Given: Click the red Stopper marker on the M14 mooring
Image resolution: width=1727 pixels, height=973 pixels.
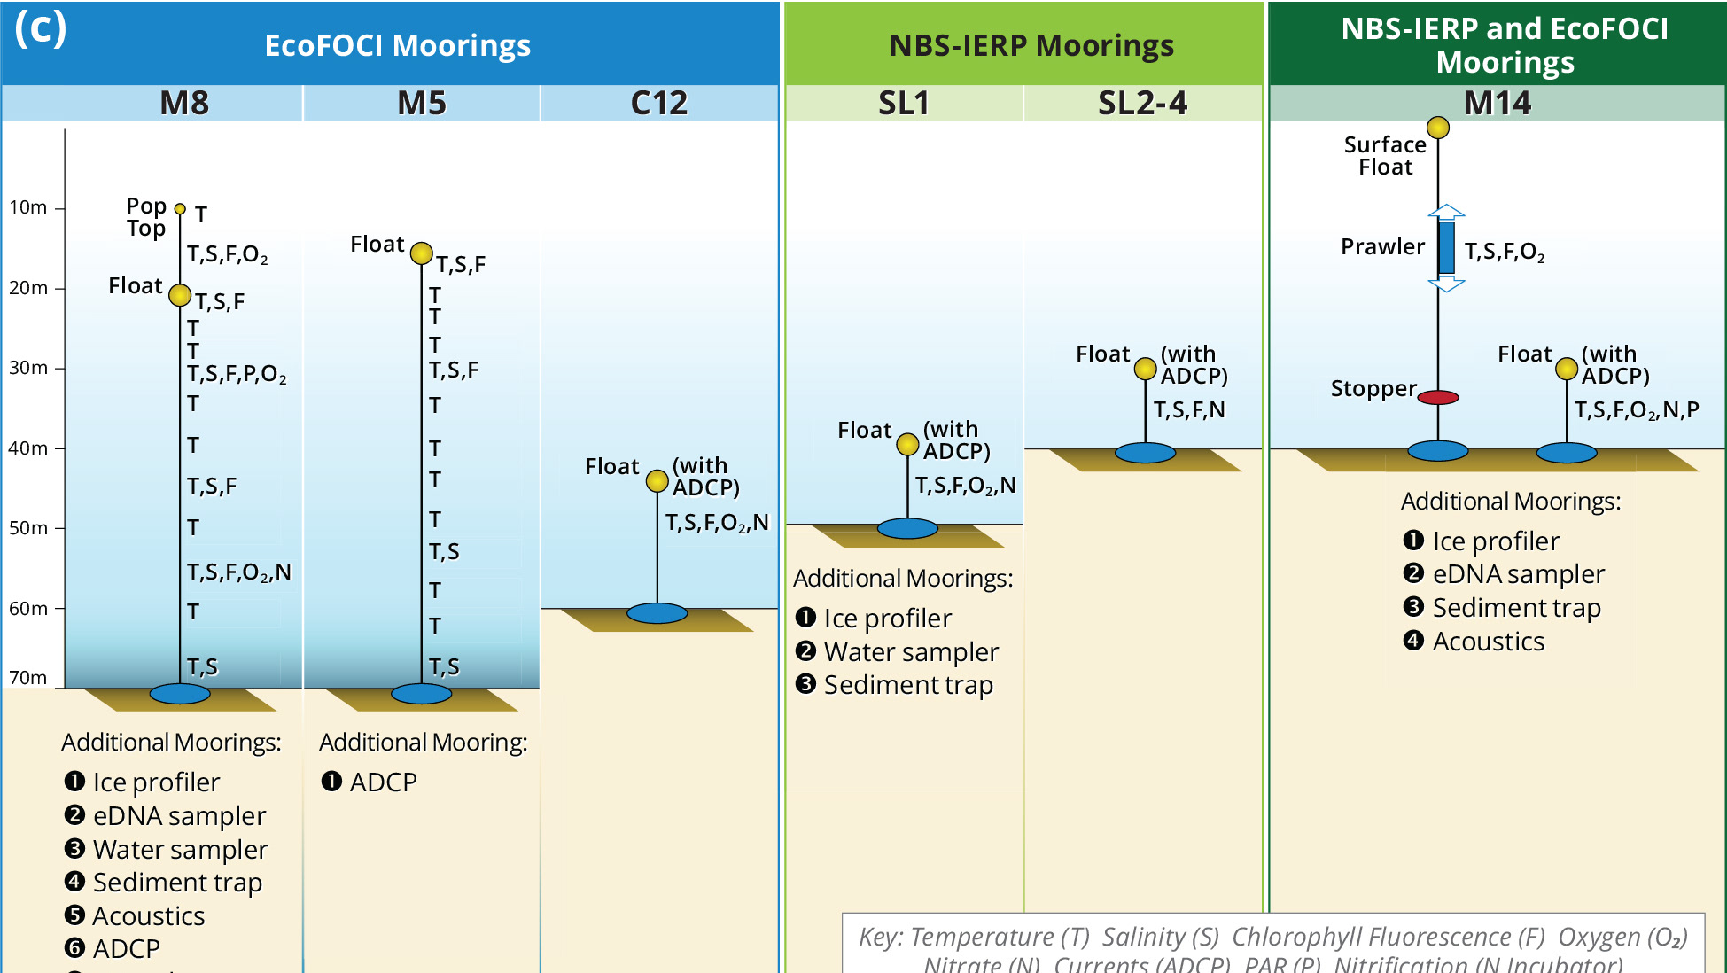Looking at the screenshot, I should click(1438, 397).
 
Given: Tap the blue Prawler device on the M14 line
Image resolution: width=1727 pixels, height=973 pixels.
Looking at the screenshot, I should click(1446, 247).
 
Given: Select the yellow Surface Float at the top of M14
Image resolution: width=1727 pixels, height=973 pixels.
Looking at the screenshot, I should click(1438, 128).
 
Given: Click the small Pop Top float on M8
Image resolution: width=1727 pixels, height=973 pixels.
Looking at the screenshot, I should click(180, 209).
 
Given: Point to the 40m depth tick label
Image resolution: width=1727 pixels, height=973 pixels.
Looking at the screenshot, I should click(28, 448).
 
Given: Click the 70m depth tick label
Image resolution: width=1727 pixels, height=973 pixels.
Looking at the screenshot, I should click(28, 678).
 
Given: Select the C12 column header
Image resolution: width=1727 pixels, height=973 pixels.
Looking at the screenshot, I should click(658, 103).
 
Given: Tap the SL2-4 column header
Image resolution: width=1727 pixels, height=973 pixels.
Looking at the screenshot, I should click(1142, 103).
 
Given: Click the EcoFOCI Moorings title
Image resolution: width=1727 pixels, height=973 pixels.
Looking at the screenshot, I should click(397, 45).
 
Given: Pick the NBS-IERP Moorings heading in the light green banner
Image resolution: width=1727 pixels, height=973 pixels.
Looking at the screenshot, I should click(1031, 45).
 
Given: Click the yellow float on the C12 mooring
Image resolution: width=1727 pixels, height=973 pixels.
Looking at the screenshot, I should click(657, 480).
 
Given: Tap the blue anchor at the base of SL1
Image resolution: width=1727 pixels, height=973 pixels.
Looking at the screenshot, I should click(907, 528).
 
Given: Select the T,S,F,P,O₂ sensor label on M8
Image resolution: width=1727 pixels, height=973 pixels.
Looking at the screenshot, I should click(237, 374).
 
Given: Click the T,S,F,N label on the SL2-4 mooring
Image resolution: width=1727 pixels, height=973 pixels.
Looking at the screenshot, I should click(1189, 409).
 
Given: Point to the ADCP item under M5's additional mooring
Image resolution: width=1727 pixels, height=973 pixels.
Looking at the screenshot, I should click(383, 782).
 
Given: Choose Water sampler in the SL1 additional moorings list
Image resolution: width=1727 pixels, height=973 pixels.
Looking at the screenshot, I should click(911, 651).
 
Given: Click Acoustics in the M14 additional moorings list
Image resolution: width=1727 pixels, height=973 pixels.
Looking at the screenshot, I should click(1488, 641).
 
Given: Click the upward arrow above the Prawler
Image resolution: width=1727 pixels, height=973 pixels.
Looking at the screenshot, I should click(1446, 212).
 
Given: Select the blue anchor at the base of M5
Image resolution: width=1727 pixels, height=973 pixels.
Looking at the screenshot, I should click(421, 693).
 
